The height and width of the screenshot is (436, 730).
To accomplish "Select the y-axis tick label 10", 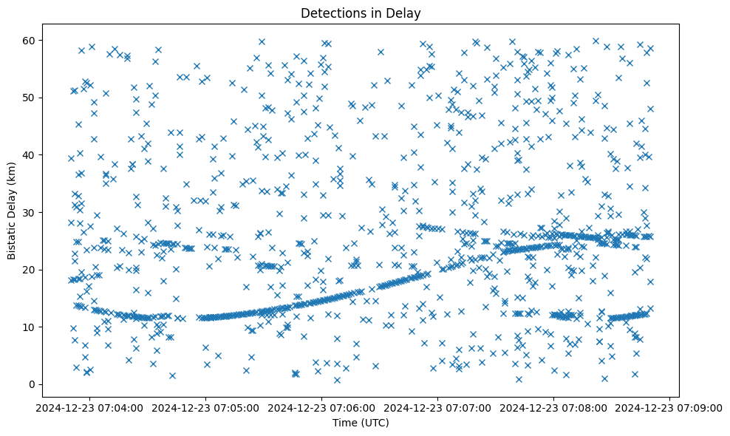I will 30,327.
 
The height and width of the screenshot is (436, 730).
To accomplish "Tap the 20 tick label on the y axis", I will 30,270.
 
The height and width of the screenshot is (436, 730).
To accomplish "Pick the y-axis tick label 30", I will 30,212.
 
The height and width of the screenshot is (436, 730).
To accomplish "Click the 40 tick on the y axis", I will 30,155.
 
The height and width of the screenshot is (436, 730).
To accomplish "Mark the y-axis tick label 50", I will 30,98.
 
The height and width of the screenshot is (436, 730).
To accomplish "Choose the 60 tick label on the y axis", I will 30,40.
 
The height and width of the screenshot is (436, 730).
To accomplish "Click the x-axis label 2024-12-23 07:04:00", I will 90,407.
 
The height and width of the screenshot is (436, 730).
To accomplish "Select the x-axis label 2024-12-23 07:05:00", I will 206,407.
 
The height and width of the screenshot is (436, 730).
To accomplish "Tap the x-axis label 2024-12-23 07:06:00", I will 322,407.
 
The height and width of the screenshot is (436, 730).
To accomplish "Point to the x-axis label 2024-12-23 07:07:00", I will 438,407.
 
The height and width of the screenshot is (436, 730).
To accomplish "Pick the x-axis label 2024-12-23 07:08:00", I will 554,407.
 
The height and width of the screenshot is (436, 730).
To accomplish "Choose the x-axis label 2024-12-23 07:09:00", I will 670,407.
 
